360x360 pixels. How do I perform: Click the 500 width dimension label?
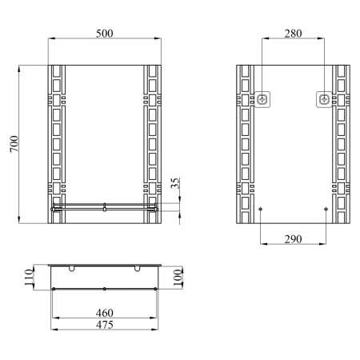[104, 34]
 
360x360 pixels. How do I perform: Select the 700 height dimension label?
[14, 144]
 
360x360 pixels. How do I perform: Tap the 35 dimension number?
[175, 183]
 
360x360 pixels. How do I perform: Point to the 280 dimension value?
[293, 34]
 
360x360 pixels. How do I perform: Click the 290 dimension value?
[293, 239]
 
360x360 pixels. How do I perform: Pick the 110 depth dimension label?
[29, 277]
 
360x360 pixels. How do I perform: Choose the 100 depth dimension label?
[178, 277]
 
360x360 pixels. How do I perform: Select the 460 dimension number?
[105, 313]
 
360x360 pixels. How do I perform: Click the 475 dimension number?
[105, 325]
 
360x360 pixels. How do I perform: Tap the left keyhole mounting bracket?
[262, 99]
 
